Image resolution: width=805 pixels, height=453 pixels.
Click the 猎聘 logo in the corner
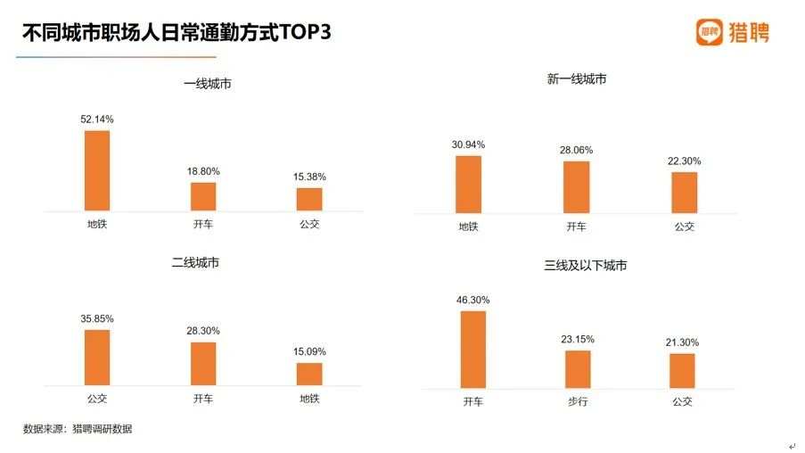coord(732,33)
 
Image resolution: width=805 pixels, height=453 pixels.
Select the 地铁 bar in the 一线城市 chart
coord(97,170)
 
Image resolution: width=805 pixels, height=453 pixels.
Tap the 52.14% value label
coord(97,119)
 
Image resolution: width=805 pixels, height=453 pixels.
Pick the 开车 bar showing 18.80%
coord(203,196)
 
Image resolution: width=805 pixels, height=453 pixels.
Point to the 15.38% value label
coord(309,177)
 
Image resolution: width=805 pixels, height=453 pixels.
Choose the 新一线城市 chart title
coord(577,79)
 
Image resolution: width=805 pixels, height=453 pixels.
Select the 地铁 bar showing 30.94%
coord(468,184)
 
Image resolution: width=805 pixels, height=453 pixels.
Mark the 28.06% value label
coord(577,150)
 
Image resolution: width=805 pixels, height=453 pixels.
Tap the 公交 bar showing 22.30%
coord(684,192)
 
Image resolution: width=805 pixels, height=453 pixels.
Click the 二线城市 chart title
coord(195,263)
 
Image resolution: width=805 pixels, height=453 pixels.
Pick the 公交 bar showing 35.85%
coord(97,357)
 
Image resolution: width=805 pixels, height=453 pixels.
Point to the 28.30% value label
coord(203,331)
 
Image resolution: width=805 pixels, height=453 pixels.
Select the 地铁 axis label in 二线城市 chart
coord(309,399)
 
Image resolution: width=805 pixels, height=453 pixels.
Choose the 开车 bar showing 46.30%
coord(473,350)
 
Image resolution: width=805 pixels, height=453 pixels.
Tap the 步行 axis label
coord(578,402)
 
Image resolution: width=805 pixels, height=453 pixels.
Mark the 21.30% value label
coord(682,342)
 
